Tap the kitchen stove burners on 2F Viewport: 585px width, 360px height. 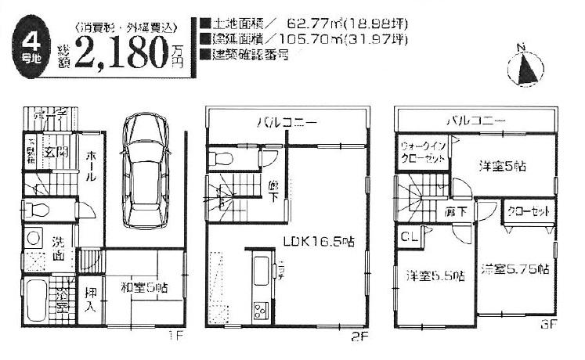[x=258, y=311]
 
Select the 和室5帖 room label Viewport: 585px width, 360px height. [x=143, y=287]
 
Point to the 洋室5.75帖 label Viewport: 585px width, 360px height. [x=514, y=268]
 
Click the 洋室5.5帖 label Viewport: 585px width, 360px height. [x=434, y=275]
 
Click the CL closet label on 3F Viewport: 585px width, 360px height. [x=409, y=234]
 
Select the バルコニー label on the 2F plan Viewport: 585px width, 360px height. [x=287, y=124]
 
